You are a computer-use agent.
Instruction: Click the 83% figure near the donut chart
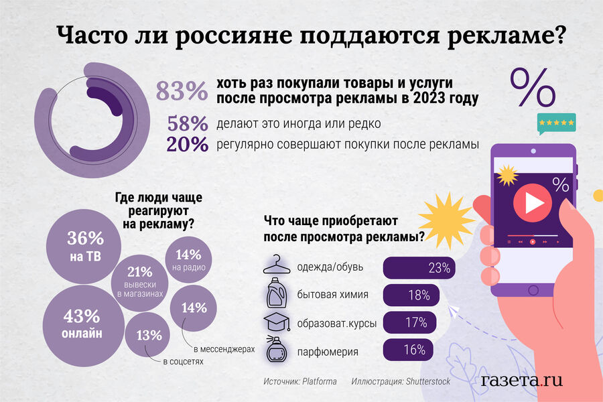tap(182, 91)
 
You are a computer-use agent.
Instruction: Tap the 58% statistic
tap(187, 124)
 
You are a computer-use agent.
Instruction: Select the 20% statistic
tap(187, 145)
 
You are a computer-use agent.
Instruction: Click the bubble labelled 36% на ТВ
tap(85, 246)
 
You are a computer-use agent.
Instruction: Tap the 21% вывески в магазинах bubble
tap(140, 281)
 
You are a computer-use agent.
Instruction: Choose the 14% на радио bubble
tap(188, 260)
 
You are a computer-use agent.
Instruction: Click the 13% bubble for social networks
tap(149, 335)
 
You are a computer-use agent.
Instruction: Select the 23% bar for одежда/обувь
tap(419, 268)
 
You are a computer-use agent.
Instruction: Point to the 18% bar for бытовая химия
tap(411, 295)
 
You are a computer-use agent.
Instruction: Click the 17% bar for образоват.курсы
tap(408, 323)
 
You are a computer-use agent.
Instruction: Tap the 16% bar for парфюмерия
tap(406, 350)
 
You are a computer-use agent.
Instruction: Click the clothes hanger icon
tap(276, 267)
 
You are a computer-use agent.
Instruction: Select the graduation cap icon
tap(276, 322)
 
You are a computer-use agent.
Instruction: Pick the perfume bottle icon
tap(276, 350)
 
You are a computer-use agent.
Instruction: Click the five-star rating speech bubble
tap(555, 124)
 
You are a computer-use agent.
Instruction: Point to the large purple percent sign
tap(534, 87)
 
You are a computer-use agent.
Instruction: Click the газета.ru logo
tap(521, 380)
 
